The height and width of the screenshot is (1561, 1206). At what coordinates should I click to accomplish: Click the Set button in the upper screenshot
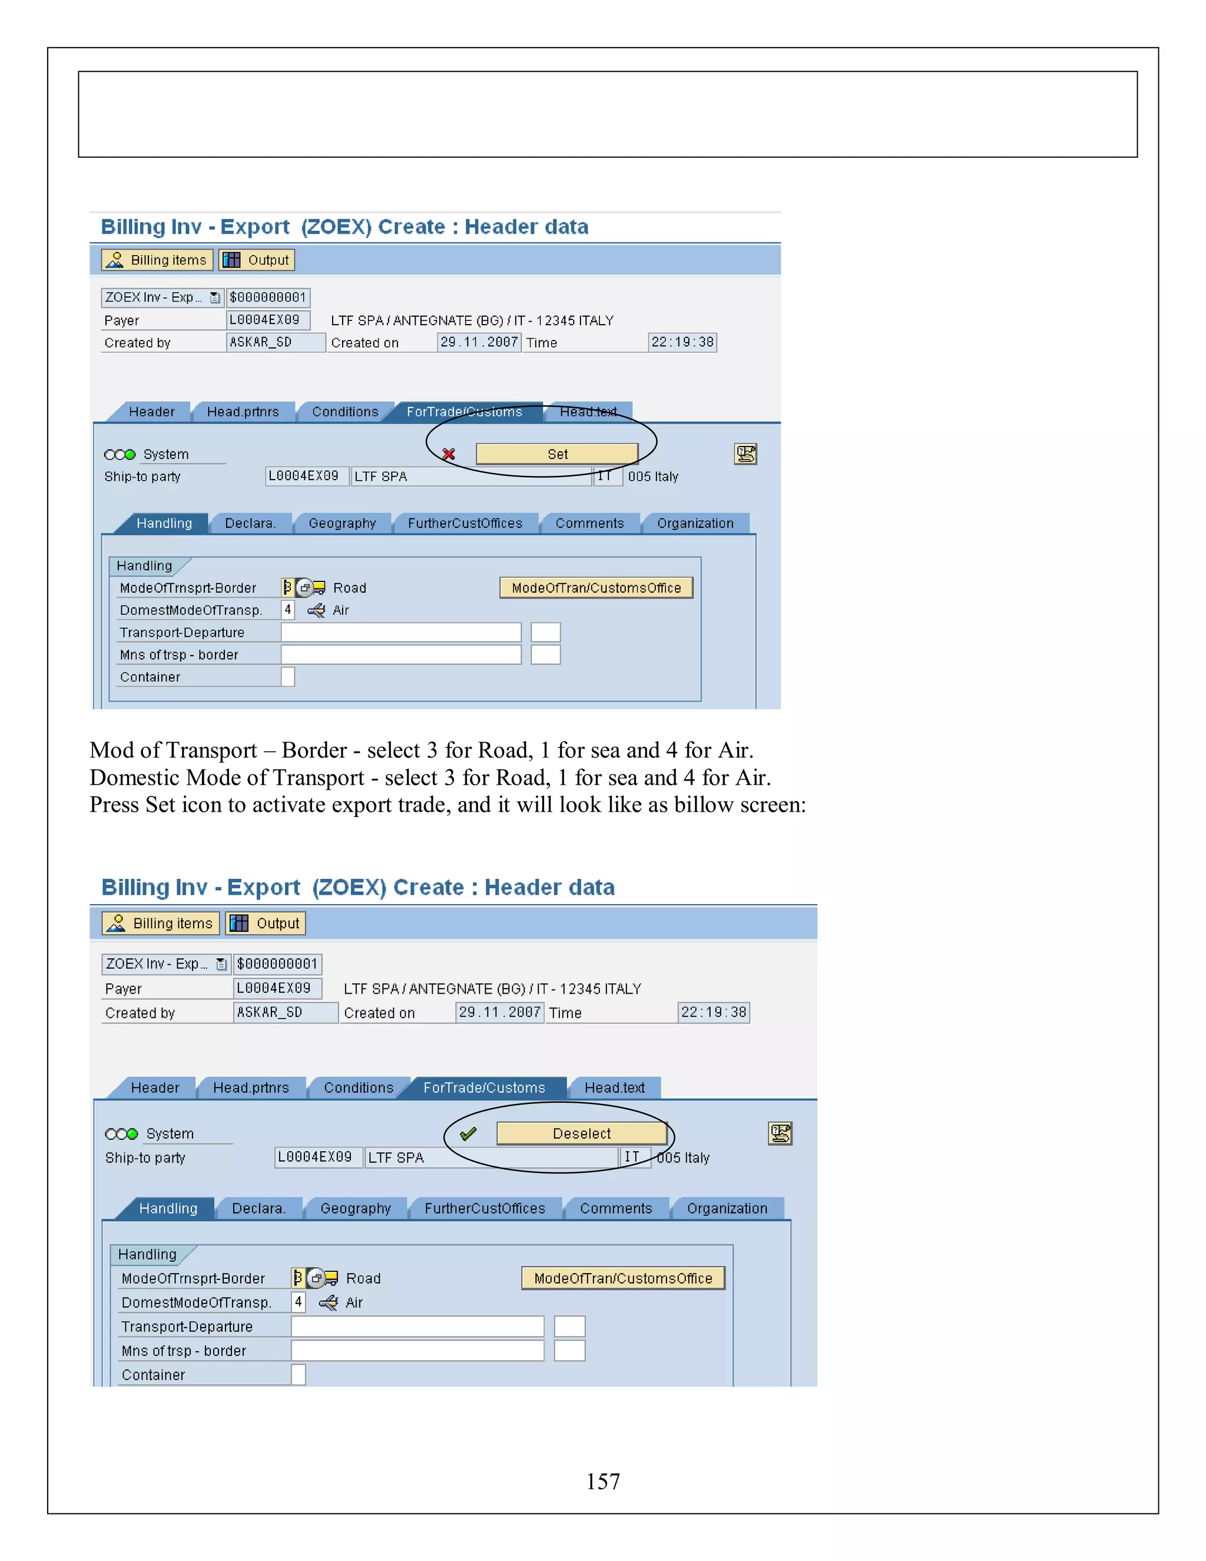pyautogui.click(x=556, y=454)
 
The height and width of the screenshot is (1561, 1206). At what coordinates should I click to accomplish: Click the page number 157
pyautogui.click(x=603, y=1481)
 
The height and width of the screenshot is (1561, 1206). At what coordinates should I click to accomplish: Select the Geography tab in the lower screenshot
pyautogui.click(x=355, y=1208)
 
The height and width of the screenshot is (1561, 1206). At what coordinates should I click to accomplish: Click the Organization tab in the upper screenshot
pyautogui.click(x=694, y=523)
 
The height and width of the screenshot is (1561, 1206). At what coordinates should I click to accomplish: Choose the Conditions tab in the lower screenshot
pyautogui.click(x=358, y=1087)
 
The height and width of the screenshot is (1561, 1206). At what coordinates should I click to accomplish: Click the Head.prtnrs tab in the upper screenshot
pyautogui.click(x=243, y=412)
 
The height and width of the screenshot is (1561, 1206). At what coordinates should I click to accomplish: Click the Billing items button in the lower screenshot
pyautogui.click(x=161, y=924)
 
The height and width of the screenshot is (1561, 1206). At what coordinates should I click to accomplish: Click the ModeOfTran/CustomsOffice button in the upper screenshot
pyautogui.click(x=596, y=587)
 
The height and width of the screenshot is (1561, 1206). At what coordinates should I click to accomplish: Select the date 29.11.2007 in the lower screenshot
pyautogui.click(x=499, y=1012)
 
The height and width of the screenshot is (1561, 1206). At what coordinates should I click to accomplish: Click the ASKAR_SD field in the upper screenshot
pyautogui.click(x=275, y=342)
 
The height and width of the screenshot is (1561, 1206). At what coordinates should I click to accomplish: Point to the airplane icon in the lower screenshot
pyautogui.click(x=329, y=1302)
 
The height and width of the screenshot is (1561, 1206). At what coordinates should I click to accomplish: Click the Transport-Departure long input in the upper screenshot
pyautogui.click(x=401, y=633)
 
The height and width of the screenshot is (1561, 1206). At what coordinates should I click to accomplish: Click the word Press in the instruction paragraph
pyautogui.click(x=114, y=805)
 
